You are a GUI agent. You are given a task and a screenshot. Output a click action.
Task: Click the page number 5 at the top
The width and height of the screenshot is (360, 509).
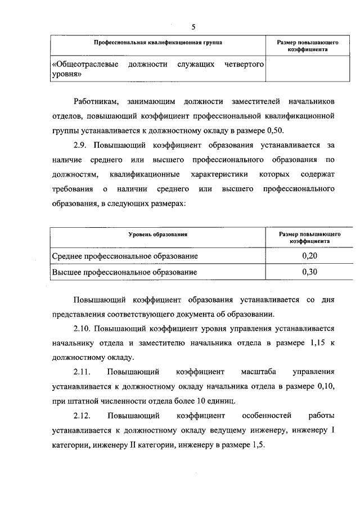click(193, 26)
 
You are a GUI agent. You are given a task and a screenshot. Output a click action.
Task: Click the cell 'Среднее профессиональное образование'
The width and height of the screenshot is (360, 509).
click(125, 256)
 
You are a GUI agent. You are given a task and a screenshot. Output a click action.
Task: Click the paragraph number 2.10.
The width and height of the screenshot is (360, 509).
click(83, 328)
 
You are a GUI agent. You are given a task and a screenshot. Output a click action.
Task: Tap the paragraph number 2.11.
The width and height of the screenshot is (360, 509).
click(83, 372)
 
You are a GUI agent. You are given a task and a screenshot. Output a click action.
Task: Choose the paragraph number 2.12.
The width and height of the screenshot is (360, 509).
click(83, 416)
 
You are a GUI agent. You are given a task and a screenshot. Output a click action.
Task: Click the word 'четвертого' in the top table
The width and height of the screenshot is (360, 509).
click(245, 64)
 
